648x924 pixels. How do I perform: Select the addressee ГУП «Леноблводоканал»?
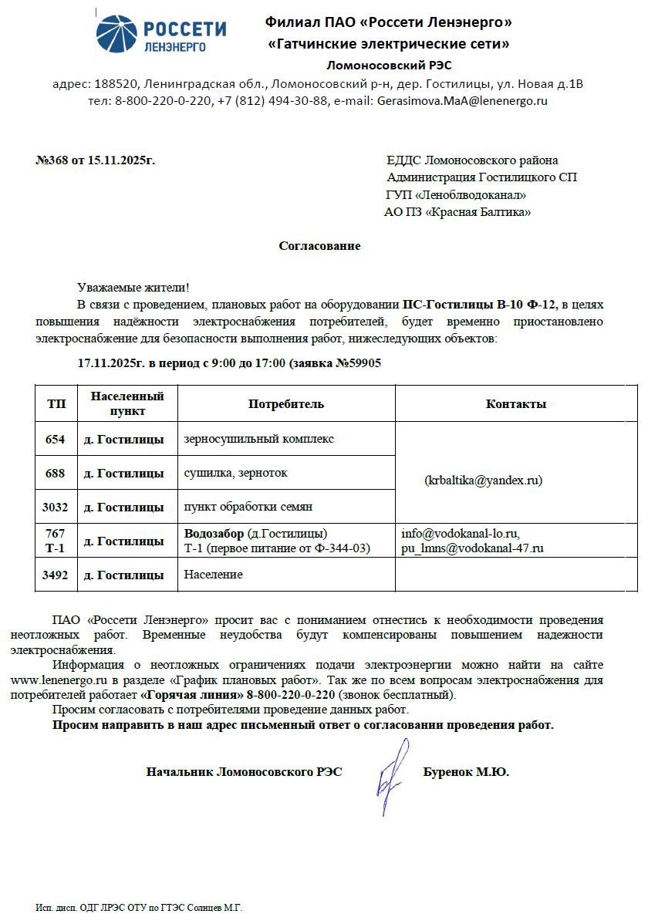[456, 194]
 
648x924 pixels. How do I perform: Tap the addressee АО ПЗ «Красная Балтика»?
[457, 212]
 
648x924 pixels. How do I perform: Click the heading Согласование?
[319, 246]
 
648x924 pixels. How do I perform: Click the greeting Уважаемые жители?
[133, 288]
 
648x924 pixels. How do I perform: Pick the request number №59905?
[356, 363]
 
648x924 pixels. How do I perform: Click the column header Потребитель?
[286, 404]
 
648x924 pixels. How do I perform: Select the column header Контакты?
[516, 404]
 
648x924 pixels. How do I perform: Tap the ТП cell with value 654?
[56, 439]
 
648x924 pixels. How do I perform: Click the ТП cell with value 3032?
[56, 507]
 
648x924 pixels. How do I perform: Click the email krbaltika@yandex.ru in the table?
[484, 480]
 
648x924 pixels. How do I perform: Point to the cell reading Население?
[213, 575]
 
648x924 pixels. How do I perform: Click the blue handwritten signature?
[392, 775]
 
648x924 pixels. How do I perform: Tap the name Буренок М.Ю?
[466, 771]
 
